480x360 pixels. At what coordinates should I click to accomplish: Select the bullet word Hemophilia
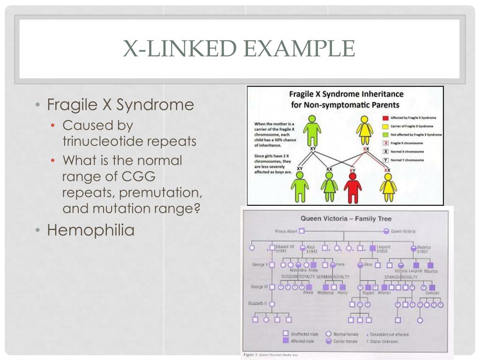90,230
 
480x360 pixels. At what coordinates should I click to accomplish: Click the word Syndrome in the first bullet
155,105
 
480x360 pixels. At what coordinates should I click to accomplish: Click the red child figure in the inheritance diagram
352,188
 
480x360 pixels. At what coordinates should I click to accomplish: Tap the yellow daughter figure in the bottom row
387,188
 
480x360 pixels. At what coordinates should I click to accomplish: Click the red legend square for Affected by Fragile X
385,118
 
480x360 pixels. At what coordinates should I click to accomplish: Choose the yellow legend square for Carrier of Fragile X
385,126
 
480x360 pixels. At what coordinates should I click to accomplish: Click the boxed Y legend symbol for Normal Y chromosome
385,160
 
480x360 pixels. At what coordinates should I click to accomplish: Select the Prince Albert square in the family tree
302,231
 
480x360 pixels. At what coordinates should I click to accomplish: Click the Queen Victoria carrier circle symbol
386,231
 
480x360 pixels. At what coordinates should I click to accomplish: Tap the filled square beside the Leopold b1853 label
373,248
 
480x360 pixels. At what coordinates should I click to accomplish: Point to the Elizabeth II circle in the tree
272,304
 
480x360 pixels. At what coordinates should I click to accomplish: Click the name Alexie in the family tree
308,292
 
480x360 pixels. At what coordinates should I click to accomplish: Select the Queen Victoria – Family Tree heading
345,218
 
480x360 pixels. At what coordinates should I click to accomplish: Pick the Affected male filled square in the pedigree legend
285,341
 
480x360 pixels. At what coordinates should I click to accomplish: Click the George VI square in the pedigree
272,287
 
